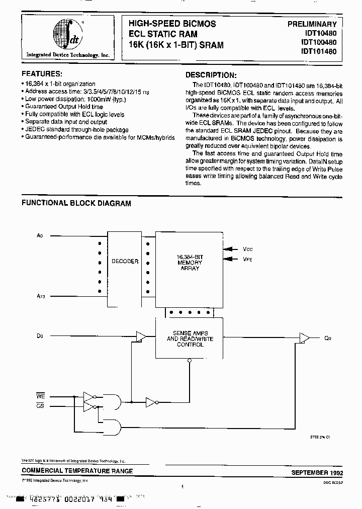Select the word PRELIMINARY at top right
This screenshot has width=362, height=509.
pyautogui.click(x=312, y=24)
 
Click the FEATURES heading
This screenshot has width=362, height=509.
pyautogui.click(x=42, y=73)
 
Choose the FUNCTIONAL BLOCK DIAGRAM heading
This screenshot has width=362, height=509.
pyautogui.click(x=76, y=204)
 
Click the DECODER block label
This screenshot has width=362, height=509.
pyautogui.click(x=125, y=262)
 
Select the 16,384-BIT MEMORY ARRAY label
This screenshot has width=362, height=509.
pyautogui.click(x=189, y=263)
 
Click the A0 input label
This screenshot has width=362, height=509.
pyautogui.click(x=40, y=235)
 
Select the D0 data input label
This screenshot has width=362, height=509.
pyautogui.click(x=40, y=334)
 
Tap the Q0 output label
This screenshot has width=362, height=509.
pyautogui.click(x=328, y=338)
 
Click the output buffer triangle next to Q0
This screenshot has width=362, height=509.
pyautogui.click(x=304, y=338)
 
